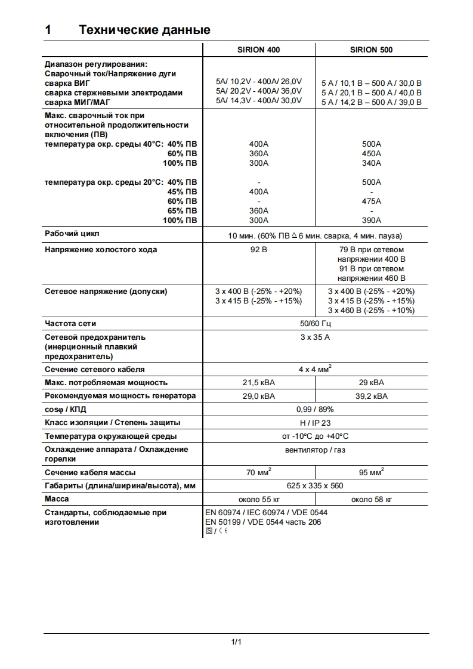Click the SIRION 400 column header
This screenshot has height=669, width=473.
coord(259,50)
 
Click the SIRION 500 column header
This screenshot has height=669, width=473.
coord(372,50)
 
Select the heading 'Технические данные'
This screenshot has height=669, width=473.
coord(144,30)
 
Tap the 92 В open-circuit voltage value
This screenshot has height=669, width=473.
coord(259,249)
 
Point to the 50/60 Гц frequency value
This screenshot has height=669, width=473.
coord(315,324)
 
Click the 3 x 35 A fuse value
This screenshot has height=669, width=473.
coord(315,337)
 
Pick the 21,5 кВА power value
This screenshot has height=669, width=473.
coord(259,382)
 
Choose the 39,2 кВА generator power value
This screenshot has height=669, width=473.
coord(372,396)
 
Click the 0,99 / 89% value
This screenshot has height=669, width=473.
coord(315,410)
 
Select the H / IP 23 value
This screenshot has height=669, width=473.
coord(315,423)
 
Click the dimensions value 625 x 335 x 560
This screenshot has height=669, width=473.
coord(315,485)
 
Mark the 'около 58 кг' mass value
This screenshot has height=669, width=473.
coord(372,499)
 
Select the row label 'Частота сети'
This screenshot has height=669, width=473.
coord(70,324)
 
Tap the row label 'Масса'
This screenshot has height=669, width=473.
coord(57,498)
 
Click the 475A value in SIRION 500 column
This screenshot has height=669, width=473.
coord(372,201)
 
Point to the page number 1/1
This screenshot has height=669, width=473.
coord(236,642)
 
